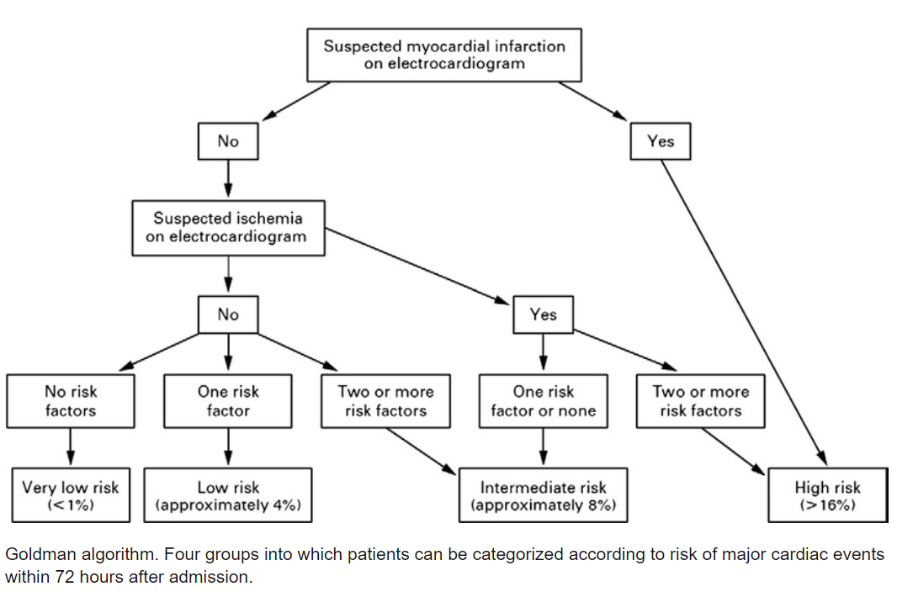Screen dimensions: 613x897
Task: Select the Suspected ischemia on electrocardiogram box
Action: [228, 227]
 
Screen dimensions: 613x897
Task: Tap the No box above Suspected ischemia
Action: [227, 141]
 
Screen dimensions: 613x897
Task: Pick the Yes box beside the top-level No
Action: [661, 141]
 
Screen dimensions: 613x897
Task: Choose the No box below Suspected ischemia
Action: [227, 314]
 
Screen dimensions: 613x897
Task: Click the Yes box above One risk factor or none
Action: [543, 314]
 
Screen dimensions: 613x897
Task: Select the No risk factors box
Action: [70, 401]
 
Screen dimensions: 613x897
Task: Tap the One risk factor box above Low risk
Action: [228, 401]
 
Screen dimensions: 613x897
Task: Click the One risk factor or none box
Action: [543, 401]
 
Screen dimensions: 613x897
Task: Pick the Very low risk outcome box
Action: [70, 495]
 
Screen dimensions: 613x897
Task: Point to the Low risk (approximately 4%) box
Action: [228, 495]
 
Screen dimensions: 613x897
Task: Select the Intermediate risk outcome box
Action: [543, 495]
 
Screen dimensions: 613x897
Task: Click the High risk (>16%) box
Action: [827, 495]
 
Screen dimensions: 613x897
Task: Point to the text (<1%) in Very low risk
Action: [70, 505]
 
